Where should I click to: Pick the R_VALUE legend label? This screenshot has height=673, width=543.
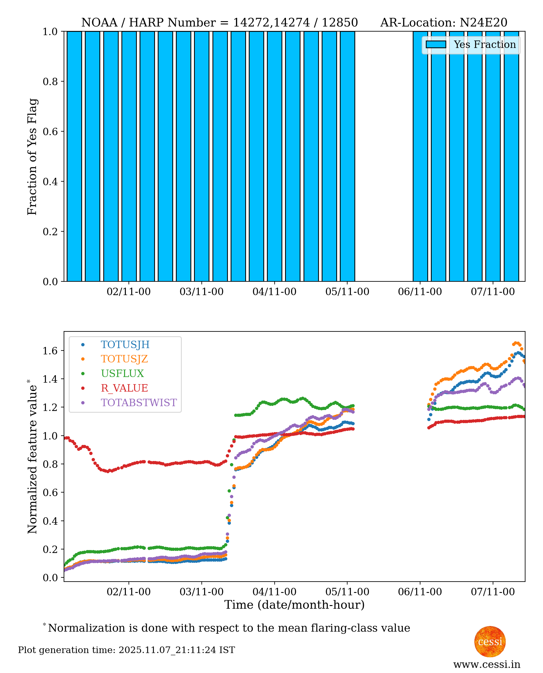[x=124, y=388]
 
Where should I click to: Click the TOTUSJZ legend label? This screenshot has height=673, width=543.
[x=124, y=359]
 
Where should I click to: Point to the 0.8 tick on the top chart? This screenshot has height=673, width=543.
[x=50, y=82]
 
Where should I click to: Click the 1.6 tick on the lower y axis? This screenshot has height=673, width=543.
[x=50, y=351]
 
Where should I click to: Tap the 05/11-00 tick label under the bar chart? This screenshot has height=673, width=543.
[x=347, y=292]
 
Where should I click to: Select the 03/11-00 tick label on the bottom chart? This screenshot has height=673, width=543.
[x=201, y=592]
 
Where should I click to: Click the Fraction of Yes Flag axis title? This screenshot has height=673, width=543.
[x=32, y=157]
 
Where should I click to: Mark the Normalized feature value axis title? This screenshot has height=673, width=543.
[x=32, y=457]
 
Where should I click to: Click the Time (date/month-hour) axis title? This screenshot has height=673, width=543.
[x=294, y=605]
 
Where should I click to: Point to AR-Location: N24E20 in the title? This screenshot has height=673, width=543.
[x=444, y=23]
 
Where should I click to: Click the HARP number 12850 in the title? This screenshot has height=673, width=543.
[x=340, y=23]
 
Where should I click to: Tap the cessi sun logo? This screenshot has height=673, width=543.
[x=490, y=641]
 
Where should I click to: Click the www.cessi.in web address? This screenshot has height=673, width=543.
[x=487, y=664]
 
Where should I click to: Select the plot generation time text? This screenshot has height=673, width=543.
[x=126, y=650]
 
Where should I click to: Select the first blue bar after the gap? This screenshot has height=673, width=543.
[x=420, y=157]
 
